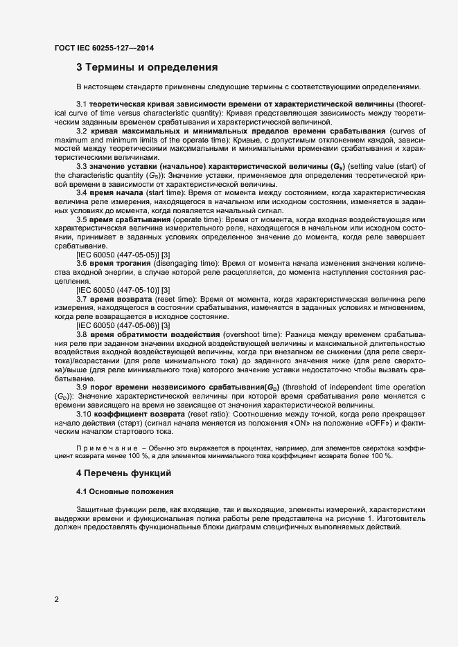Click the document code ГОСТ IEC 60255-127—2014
coord(103,48)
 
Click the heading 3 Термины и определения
coord(147,68)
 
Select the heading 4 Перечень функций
coord(122,473)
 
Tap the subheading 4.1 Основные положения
coord(125,491)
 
